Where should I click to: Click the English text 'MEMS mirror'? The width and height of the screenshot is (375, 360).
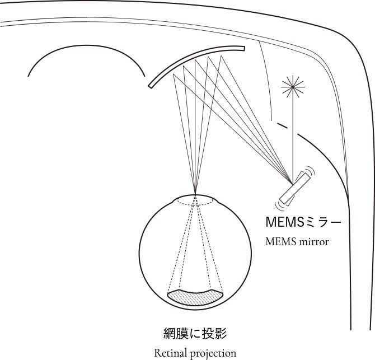[297, 242]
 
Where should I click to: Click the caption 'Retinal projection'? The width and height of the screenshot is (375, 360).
[195, 353]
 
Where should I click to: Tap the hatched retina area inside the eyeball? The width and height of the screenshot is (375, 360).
[196, 297]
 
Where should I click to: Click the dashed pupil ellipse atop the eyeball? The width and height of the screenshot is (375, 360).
[195, 202]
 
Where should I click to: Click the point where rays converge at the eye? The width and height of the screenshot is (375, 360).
[195, 194]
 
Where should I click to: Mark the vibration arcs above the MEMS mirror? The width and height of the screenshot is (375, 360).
[311, 171]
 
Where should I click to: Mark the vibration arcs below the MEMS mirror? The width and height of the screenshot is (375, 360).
[278, 200]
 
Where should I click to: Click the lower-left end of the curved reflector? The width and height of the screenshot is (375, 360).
[151, 86]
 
